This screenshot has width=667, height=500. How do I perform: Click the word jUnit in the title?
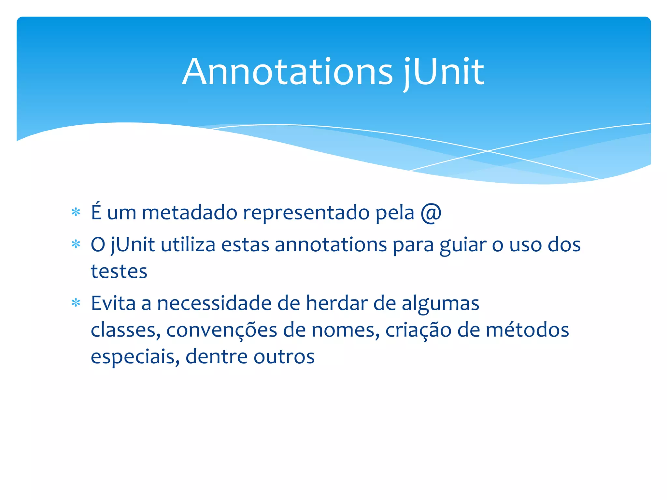point(444,72)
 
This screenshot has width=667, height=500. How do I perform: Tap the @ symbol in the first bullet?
point(431,213)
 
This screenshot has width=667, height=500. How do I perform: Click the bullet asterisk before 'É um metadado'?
point(76,213)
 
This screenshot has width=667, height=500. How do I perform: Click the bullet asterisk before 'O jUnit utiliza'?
point(76,244)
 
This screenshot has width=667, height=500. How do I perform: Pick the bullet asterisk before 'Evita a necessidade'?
point(76,303)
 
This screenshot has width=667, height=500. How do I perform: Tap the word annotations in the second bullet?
point(331,245)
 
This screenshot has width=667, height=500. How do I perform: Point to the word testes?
point(119,271)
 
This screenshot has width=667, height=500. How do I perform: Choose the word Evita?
point(113,303)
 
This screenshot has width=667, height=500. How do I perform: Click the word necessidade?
point(214,303)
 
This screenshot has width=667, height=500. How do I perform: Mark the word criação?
point(419,330)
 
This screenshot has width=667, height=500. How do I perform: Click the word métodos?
point(527,330)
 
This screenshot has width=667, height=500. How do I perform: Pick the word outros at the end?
point(284,357)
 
